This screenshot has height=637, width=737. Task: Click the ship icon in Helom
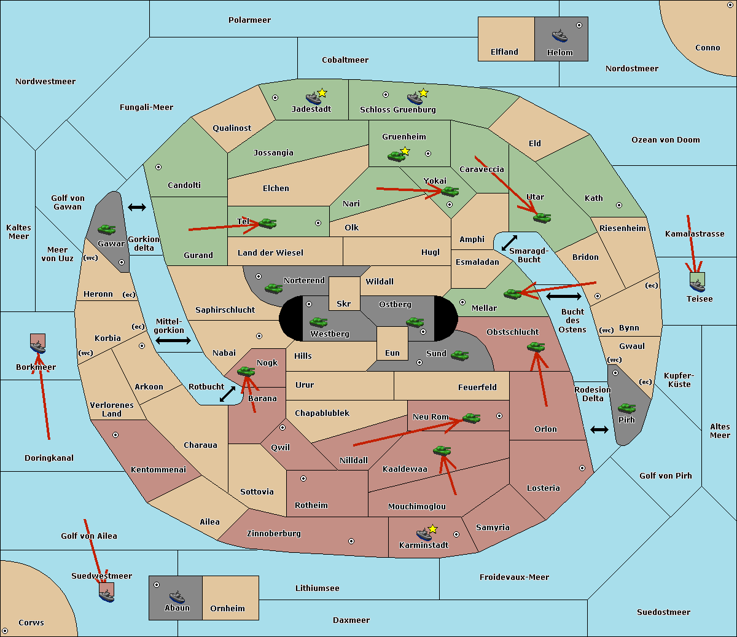pyautogui.click(x=560, y=36)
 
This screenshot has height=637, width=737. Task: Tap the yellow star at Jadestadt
pyautogui.click(x=322, y=93)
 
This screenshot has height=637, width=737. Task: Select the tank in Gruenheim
pyautogui.click(x=396, y=156)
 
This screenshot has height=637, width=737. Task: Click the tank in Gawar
pyautogui.click(x=106, y=229)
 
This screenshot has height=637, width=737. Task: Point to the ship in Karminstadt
pyautogui.click(x=424, y=534)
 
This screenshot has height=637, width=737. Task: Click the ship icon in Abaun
pyautogui.click(x=177, y=596)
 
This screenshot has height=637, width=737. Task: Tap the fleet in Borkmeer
pyautogui.click(x=38, y=346)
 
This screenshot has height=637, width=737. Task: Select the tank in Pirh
pyautogui.click(x=626, y=408)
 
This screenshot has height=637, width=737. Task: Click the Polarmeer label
pyautogui.click(x=249, y=20)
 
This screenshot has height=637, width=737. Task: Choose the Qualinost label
pyautogui.click(x=232, y=128)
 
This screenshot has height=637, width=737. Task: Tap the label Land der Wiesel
pyautogui.click(x=270, y=253)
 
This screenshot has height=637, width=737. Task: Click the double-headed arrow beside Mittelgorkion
pyautogui.click(x=173, y=340)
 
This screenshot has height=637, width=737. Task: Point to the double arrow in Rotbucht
pyautogui.click(x=227, y=394)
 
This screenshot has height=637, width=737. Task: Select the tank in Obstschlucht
pyautogui.click(x=536, y=346)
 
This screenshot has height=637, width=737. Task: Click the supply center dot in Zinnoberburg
pyautogui.click(x=351, y=541)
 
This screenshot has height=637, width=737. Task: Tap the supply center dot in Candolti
pyautogui.click(x=158, y=167)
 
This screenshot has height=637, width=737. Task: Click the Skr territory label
pyautogui.click(x=343, y=303)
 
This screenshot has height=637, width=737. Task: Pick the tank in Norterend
pyautogui.click(x=273, y=288)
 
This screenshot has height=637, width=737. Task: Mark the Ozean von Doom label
pyautogui.click(x=665, y=140)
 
